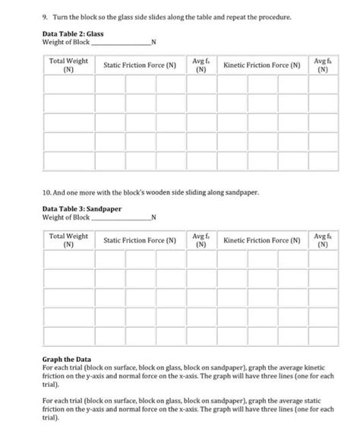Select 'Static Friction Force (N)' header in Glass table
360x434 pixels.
tap(139, 66)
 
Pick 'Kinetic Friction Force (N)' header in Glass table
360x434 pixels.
tap(261, 66)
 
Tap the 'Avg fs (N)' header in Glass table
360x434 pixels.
tap(200, 65)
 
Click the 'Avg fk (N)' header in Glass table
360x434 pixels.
tap(323, 65)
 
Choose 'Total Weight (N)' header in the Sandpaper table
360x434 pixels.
tap(68, 241)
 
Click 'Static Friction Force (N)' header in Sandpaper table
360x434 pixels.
tap(139, 241)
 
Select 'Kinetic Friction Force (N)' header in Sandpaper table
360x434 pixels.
tap(261, 241)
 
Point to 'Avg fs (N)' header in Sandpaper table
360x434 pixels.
tap(200, 241)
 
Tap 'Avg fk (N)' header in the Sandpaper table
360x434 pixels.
tap(323, 241)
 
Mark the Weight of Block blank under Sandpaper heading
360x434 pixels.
tap(122, 218)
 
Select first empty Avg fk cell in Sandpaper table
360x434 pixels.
tap(323, 261)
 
